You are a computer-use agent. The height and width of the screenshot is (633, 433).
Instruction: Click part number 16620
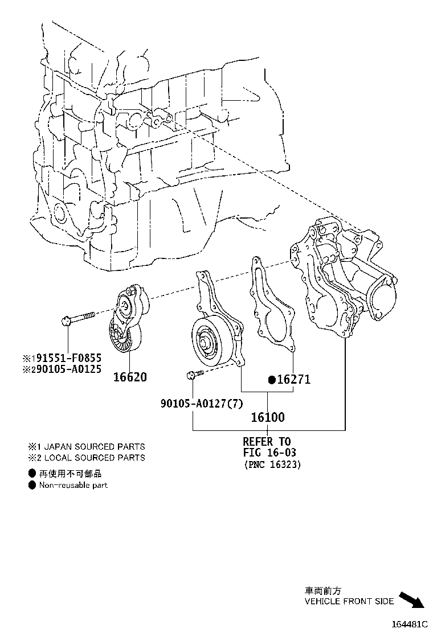(130, 377)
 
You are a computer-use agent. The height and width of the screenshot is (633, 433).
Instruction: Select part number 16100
(268, 417)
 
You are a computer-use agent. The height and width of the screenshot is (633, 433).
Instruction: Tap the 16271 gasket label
(293, 380)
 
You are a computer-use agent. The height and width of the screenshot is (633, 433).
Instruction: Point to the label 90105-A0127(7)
(202, 403)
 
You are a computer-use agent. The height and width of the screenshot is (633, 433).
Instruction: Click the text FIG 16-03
(269, 452)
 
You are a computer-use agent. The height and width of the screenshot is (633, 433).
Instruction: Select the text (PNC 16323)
(273, 465)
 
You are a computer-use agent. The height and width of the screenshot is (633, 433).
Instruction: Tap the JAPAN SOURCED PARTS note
(95, 446)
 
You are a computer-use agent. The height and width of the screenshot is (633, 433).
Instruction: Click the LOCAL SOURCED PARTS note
(95, 458)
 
